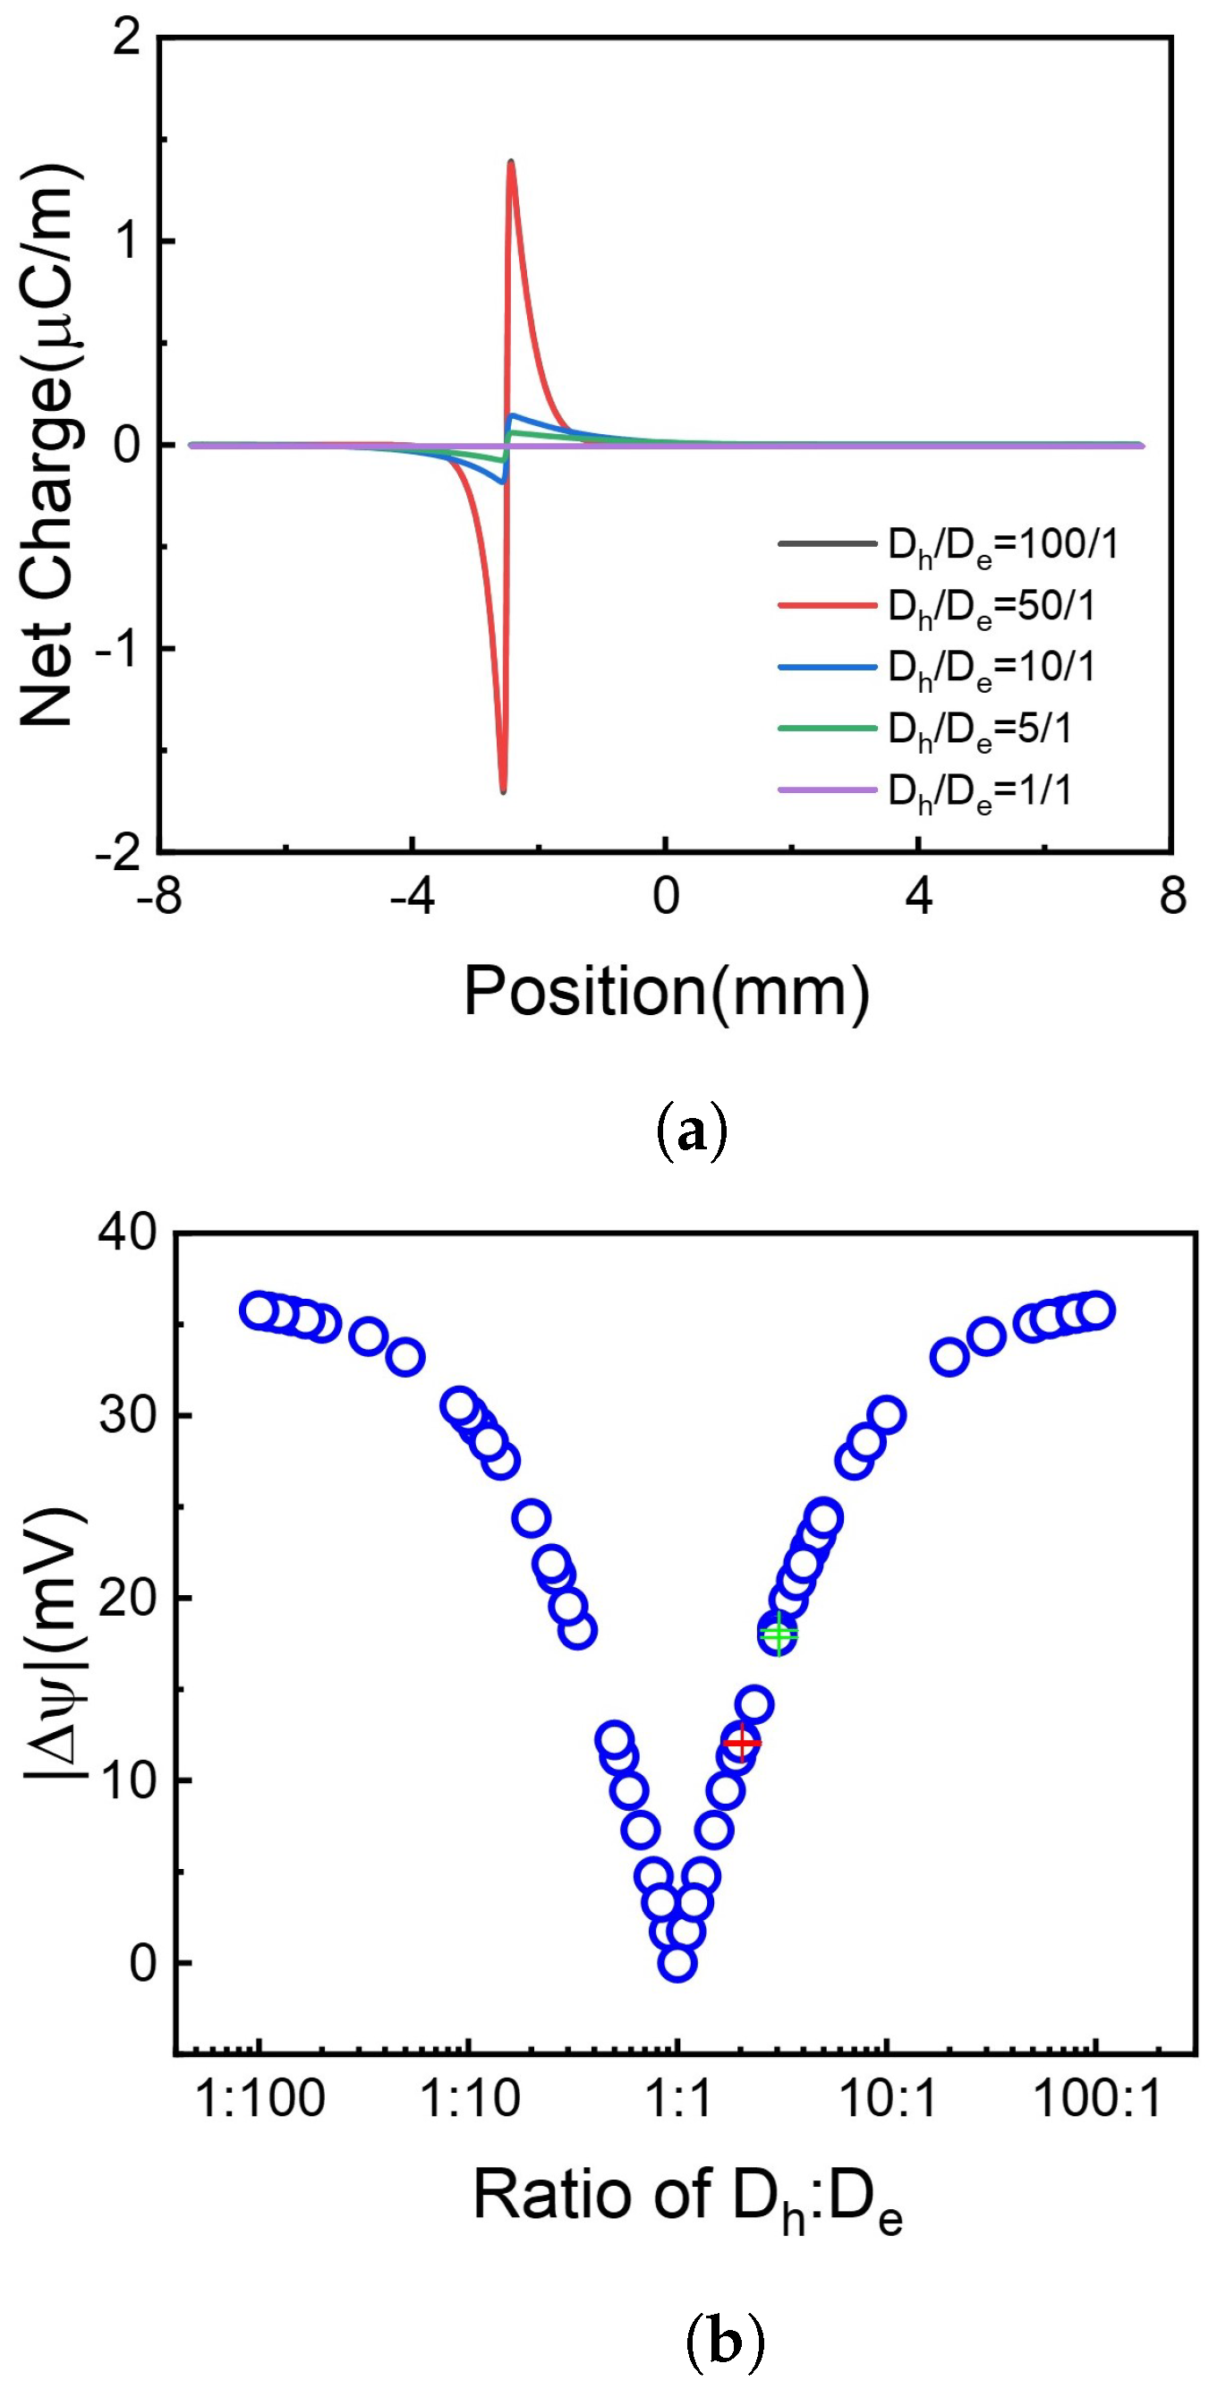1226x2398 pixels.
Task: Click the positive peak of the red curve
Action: click(511, 163)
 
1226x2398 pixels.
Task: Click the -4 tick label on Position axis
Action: click(412, 897)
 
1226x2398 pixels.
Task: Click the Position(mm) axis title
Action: click(667, 991)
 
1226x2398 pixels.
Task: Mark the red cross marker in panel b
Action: click(742, 1743)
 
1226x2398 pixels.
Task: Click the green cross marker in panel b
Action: click(779, 1633)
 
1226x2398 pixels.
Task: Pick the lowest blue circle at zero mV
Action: click(677, 1963)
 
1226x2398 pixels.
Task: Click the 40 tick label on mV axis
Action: click(129, 1233)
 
